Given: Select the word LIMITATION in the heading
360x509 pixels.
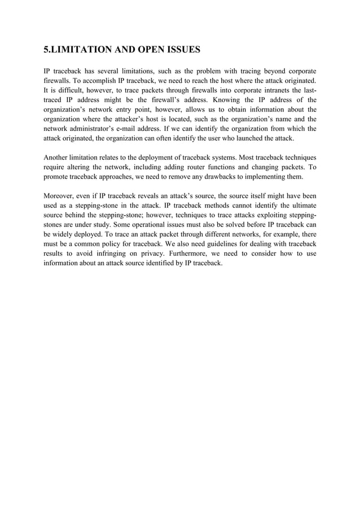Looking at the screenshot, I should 81,50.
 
